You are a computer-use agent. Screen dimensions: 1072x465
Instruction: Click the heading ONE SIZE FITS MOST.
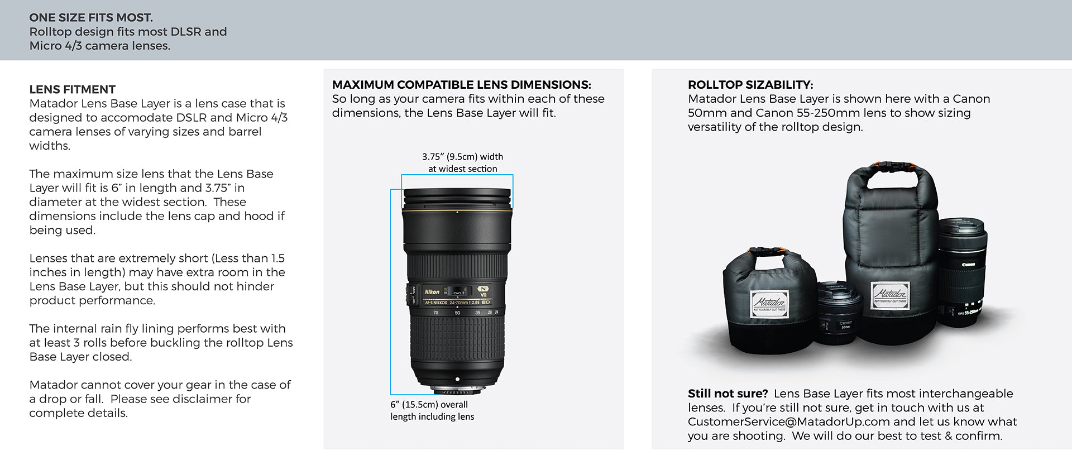point(91,17)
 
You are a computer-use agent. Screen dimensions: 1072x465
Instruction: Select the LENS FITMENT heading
point(73,89)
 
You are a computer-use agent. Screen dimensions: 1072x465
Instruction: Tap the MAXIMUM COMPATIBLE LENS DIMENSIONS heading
point(462,85)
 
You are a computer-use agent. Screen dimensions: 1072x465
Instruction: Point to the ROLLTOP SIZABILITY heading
point(750,85)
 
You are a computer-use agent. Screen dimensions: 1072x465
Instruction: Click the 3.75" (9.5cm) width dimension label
point(462,162)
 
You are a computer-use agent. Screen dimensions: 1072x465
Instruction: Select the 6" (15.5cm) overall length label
point(432,410)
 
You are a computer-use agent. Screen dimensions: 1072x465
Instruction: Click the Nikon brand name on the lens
point(432,292)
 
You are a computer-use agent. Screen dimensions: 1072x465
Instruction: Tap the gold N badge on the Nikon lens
point(483,289)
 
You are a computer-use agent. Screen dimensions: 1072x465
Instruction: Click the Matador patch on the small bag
point(770,302)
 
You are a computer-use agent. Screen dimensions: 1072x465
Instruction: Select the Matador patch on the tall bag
point(891,294)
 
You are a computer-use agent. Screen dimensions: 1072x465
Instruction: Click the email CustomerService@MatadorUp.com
point(789,421)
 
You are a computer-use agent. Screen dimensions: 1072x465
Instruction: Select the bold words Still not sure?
point(728,394)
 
